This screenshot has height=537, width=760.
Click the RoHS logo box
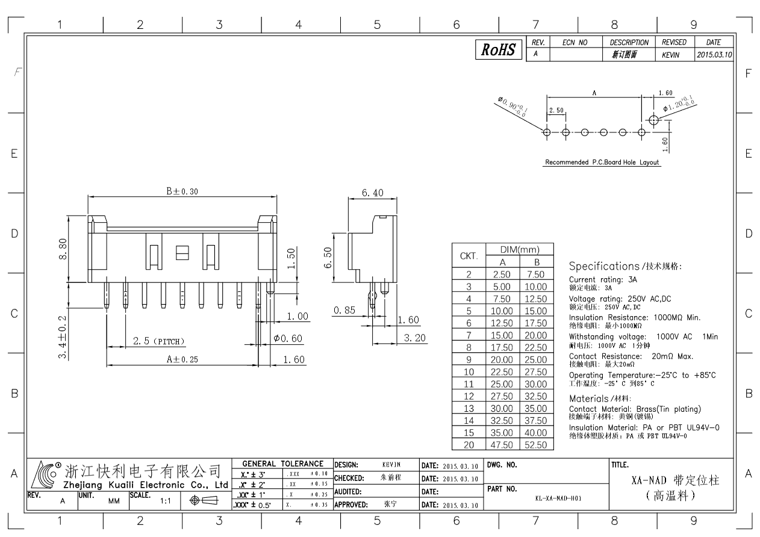(x=499, y=49)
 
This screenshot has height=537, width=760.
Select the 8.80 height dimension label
(x=63, y=249)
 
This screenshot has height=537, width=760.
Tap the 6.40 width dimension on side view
(x=373, y=193)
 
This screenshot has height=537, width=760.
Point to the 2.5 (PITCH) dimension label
(x=159, y=341)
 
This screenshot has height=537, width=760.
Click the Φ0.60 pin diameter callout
(x=288, y=338)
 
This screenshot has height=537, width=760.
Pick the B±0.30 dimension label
(x=182, y=191)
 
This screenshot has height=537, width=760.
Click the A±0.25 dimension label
(x=182, y=359)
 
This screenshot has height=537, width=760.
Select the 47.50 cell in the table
(x=502, y=445)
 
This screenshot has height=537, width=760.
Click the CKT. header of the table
(x=469, y=256)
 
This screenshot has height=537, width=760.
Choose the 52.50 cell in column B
(x=536, y=445)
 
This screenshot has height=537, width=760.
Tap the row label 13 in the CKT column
(x=469, y=408)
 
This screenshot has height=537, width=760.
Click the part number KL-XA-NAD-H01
(x=558, y=498)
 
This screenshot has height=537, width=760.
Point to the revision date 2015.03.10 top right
(x=715, y=55)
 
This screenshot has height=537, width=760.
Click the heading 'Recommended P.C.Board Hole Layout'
(x=602, y=162)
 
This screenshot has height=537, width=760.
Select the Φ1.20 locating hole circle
(x=653, y=120)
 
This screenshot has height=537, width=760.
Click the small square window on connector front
(x=182, y=253)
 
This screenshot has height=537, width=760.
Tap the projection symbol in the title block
(x=204, y=500)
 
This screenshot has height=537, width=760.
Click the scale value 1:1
(x=166, y=501)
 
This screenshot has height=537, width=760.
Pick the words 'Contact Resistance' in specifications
(x=605, y=356)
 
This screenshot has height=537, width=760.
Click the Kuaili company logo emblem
(x=45, y=474)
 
